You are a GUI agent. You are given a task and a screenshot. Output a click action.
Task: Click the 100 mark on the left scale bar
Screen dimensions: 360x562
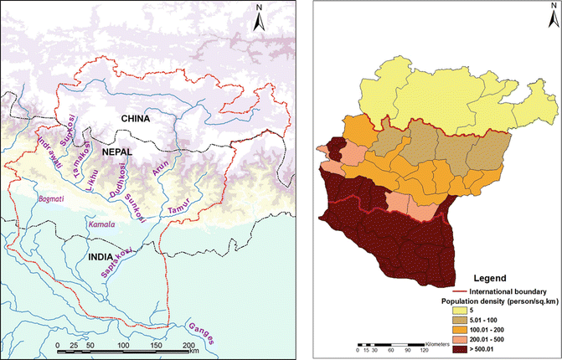click(x=123, y=345)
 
